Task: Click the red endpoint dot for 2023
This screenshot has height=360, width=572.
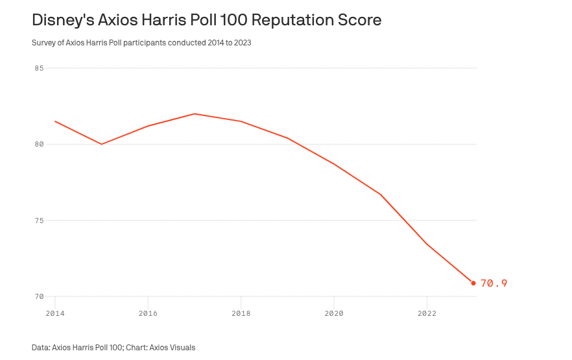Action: coord(473,283)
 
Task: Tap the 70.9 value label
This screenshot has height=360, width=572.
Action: coord(494,283)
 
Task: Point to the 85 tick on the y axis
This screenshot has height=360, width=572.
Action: coord(39,68)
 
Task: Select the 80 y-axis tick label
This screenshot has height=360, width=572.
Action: coord(39,144)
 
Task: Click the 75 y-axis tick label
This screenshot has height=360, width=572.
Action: coord(39,221)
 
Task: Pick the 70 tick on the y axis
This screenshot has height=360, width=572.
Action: coord(39,296)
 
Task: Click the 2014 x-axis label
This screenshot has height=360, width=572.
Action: coord(55,313)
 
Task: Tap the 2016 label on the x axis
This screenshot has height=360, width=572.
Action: coord(148,313)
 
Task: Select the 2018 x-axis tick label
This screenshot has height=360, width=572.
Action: coord(241,313)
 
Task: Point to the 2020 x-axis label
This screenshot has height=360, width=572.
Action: coord(334,313)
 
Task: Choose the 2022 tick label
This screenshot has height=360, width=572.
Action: coord(427,313)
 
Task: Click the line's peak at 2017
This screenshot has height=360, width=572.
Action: coord(195,114)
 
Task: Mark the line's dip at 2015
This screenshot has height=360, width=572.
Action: coord(102,144)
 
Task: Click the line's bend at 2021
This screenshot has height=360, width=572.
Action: coord(381,195)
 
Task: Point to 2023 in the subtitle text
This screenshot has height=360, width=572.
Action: coord(242,43)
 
